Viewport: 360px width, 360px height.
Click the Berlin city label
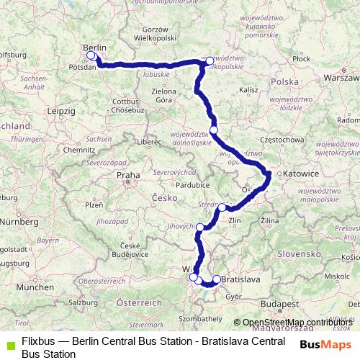pos(95,47)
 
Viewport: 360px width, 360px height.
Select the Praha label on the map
pos(127,174)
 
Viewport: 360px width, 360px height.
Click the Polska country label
pos(284,82)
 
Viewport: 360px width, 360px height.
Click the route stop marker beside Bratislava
pos(217,279)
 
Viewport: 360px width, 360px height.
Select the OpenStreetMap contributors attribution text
pos(295,322)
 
